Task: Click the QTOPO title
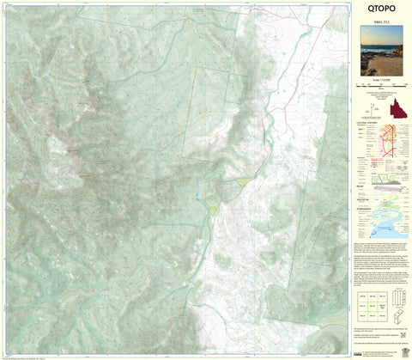click(379, 9)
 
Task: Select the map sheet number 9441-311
click(379, 21)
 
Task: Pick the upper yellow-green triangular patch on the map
click(244, 181)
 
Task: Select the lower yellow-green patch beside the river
click(211, 208)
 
